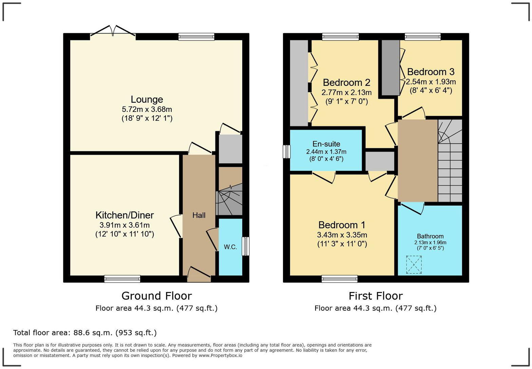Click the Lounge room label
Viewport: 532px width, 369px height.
pyautogui.click(x=147, y=99)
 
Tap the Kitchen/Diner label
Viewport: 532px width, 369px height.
pyautogui.click(x=125, y=215)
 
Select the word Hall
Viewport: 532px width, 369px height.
pyautogui.click(x=199, y=215)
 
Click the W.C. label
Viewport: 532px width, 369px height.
pyautogui.click(x=230, y=247)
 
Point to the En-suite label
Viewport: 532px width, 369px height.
pyautogui.click(x=326, y=144)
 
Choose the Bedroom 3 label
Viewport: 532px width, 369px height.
pyautogui.click(x=431, y=72)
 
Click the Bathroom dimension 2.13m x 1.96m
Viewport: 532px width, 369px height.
pyautogui.click(x=430, y=242)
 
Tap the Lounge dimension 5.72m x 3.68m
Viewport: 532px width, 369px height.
pyautogui.click(x=147, y=110)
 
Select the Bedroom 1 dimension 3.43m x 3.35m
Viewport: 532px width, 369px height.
pyautogui.click(x=342, y=235)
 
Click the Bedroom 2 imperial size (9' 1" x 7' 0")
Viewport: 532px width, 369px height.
pyautogui.click(x=346, y=102)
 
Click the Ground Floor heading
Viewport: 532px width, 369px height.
pyautogui.click(x=156, y=296)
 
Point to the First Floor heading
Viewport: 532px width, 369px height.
pyautogui.click(x=376, y=296)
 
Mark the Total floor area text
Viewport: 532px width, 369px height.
pyautogui.click(x=85, y=333)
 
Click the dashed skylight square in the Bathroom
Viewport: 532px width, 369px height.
pyautogui.click(x=414, y=265)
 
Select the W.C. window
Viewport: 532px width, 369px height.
pyautogui.click(x=246, y=246)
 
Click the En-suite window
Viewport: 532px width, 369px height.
pyautogui.click(x=287, y=152)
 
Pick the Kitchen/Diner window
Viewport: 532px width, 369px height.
pyautogui.click(x=122, y=279)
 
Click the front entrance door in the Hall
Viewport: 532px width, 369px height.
pyautogui.click(x=199, y=274)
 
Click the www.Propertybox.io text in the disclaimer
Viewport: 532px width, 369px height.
pyautogui.click(x=221, y=355)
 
